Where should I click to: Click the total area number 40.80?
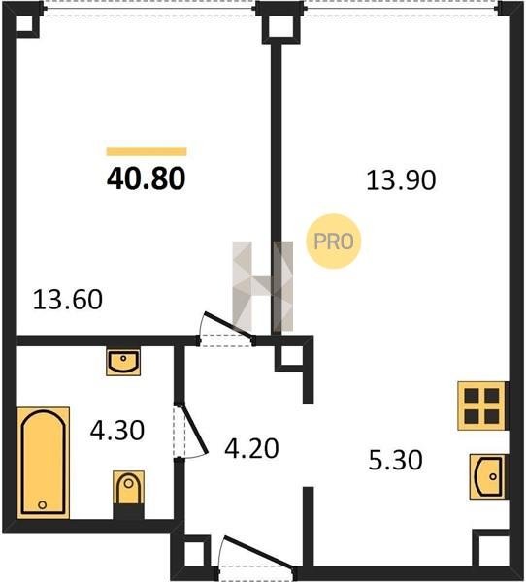click(x=146, y=178)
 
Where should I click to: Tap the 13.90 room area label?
click(x=401, y=180)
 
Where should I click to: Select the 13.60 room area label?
click(x=68, y=300)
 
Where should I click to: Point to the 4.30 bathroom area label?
click(x=117, y=431)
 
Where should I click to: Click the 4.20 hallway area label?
click(x=251, y=448)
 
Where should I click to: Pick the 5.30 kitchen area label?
click(x=395, y=460)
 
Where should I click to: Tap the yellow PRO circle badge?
click(x=334, y=242)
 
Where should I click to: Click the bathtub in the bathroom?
click(x=43, y=463)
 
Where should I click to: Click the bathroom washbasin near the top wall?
click(x=123, y=361)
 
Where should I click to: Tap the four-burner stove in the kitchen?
click(x=481, y=405)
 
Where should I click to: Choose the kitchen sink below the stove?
click(x=488, y=476)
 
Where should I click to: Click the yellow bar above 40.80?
click(x=147, y=152)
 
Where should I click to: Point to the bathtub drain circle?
click(x=43, y=504)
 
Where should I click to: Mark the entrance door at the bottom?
click(x=258, y=554)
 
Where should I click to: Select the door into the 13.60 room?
click(x=226, y=327)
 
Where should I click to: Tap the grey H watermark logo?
click(x=263, y=286)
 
